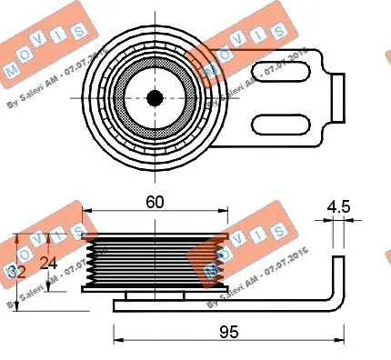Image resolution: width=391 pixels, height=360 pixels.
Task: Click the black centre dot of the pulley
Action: pos(154,97)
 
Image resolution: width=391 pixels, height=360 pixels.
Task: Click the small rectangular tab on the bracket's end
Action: pos(337,96)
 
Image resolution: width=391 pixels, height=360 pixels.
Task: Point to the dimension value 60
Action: pos(154,205)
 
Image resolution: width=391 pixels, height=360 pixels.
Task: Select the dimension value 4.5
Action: pos(338,206)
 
